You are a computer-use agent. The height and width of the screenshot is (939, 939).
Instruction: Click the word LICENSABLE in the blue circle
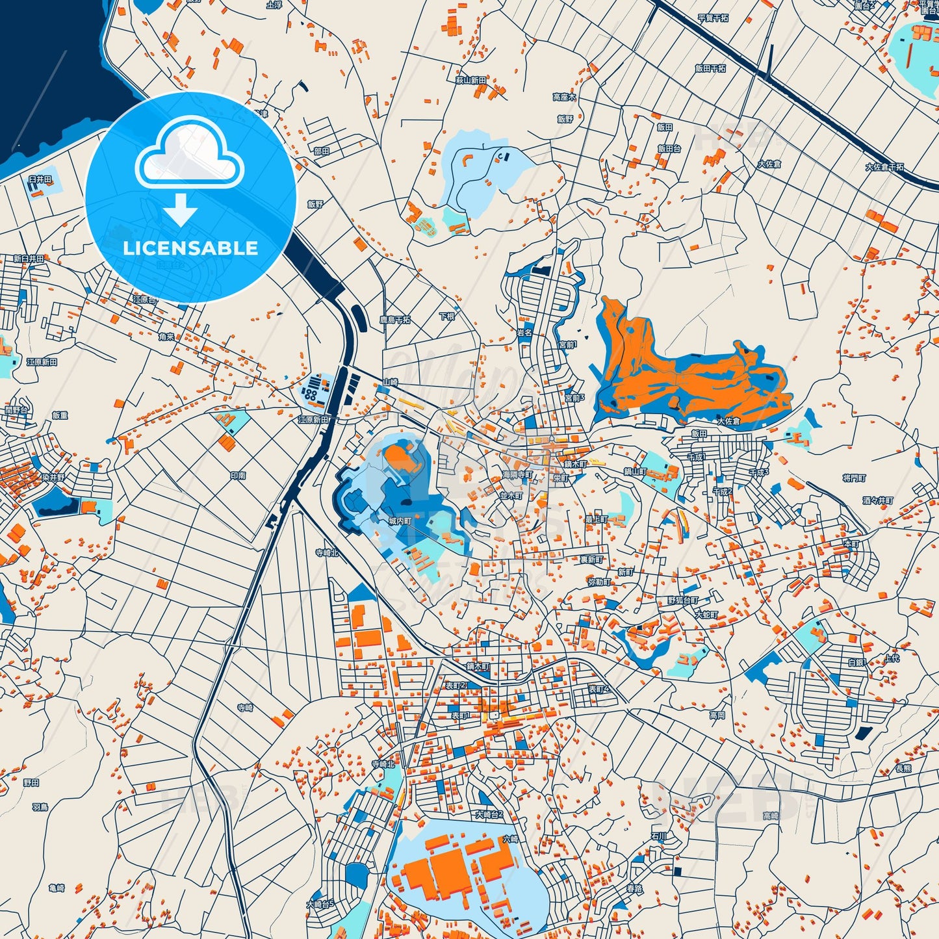pyautogui.click(x=190, y=248)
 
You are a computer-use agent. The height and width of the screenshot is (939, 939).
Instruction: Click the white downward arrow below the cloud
pyautogui.click(x=181, y=210)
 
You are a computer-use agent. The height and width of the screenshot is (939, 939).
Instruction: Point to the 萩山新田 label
pyautogui.click(x=470, y=81)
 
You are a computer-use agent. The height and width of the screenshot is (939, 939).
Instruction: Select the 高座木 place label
pyautogui.click(x=564, y=97)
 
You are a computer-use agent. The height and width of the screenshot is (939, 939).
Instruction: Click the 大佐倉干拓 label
pyautogui.click(x=884, y=167)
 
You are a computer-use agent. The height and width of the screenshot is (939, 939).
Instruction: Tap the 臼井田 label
pyautogui.click(x=40, y=179)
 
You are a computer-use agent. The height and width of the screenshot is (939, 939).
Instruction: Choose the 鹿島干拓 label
pyautogui.click(x=395, y=320)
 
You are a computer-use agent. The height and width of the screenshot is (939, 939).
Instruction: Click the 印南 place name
pyautogui.click(x=238, y=476)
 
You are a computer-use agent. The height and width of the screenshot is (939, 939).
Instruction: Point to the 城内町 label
pyautogui.click(x=400, y=521)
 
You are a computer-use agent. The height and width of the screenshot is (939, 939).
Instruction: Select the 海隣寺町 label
pyautogui.click(x=517, y=475)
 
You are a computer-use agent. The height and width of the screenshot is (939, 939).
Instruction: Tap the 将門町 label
pyautogui.click(x=854, y=478)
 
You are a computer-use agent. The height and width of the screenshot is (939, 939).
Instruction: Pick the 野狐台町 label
pyautogui.click(x=683, y=600)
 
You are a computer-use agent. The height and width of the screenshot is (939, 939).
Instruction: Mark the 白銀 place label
pyautogui.click(x=856, y=662)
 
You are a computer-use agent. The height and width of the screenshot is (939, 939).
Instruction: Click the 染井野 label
pyautogui.click(x=54, y=478)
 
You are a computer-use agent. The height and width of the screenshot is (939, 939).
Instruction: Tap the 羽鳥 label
pyautogui.click(x=40, y=807)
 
